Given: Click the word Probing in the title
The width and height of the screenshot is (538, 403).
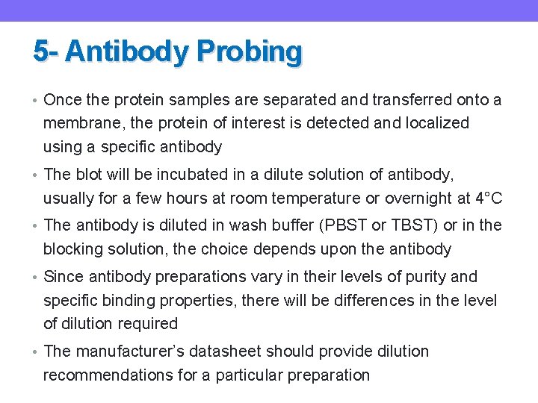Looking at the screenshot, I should (x=249, y=52).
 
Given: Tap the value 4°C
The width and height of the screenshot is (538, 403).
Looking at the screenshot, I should (x=489, y=199).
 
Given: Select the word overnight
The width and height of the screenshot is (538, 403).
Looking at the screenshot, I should (x=419, y=199).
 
